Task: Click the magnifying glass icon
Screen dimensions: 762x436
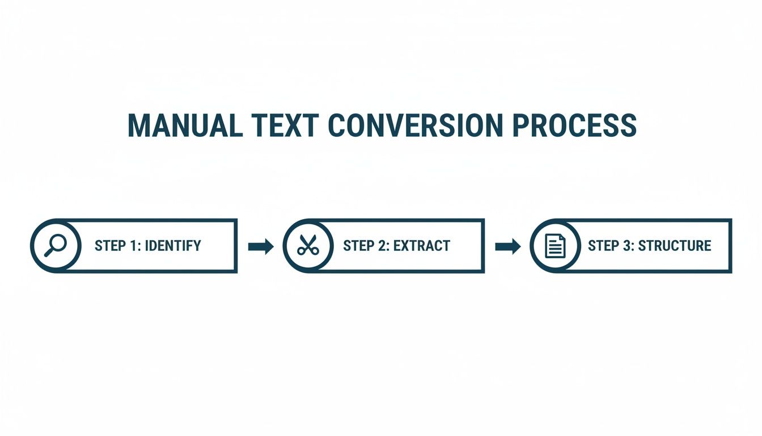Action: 56,246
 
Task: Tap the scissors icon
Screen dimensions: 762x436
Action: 308,246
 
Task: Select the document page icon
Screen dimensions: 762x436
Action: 555,246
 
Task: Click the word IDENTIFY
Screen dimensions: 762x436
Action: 173,246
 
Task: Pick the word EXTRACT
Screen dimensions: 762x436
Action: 422,246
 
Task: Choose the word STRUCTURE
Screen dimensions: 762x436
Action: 675,246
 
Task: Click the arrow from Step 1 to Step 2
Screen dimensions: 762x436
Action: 261,246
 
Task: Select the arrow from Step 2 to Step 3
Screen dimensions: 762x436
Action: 508,246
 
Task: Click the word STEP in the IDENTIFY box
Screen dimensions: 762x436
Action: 111,246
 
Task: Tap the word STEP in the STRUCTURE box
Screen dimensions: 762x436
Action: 604,246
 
